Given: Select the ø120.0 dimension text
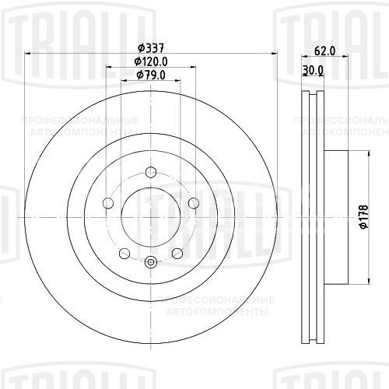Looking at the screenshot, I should (151, 61).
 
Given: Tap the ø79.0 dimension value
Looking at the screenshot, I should (151, 74).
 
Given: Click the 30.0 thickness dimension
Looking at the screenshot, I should (313, 70).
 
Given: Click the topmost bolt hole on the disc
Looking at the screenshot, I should (151, 171).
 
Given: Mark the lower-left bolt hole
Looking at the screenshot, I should (124, 254).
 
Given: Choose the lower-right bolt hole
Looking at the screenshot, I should (177, 254).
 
